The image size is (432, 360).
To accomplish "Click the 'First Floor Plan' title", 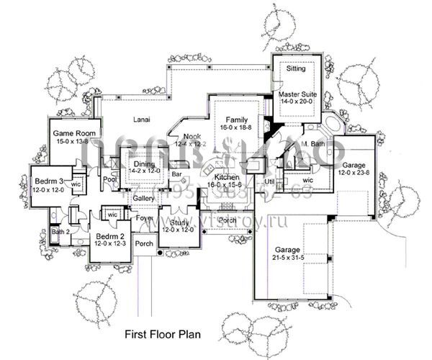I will (162, 334).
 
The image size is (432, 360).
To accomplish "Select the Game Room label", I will (70, 133).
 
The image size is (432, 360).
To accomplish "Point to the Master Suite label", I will (298, 94).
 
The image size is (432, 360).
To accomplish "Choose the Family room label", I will (236, 119).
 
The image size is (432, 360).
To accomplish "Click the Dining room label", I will (143, 163).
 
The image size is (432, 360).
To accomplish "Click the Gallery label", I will (144, 197).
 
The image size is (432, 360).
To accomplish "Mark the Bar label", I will (176, 174).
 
